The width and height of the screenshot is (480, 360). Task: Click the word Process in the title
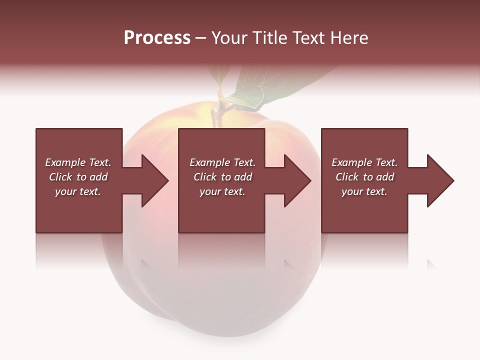click(x=157, y=38)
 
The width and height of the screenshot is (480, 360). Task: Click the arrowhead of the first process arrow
click(x=155, y=180)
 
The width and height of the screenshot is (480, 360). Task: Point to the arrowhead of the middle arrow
click(x=297, y=180)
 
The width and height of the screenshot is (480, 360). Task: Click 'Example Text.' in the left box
click(x=78, y=162)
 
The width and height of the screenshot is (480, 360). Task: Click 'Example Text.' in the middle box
click(x=222, y=162)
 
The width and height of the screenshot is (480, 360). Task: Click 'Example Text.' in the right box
click(x=364, y=162)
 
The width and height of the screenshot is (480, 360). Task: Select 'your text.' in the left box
click(x=78, y=191)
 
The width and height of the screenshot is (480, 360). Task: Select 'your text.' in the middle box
click(x=222, y=191)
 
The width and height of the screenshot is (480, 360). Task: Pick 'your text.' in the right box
click(x=364, y=191)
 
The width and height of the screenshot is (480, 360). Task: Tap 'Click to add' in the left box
click(x=78, y=177)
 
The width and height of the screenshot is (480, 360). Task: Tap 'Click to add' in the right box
click(x=364, y=177)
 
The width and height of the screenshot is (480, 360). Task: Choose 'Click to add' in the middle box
click(x=222, y=177)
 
